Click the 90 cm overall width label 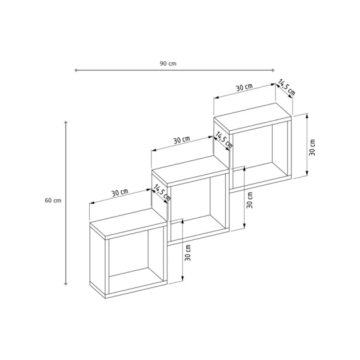(x=168, y=63)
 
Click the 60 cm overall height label (x=53, y=201)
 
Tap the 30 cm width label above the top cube (x=244, y=87)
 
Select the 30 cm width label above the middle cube (x=182, y=140)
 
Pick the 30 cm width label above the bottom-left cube (x=119, y=193)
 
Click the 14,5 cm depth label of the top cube (x=287, y=87)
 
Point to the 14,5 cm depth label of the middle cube (x=224, y=141)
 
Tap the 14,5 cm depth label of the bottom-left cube (x=162, y=193)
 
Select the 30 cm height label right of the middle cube (x=250, y=200)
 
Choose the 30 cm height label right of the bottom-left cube (x=188, y=252)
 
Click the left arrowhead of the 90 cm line (x=76, y=70)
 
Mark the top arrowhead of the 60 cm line (x=66, y=122)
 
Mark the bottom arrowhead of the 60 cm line (x=66, y=284)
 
